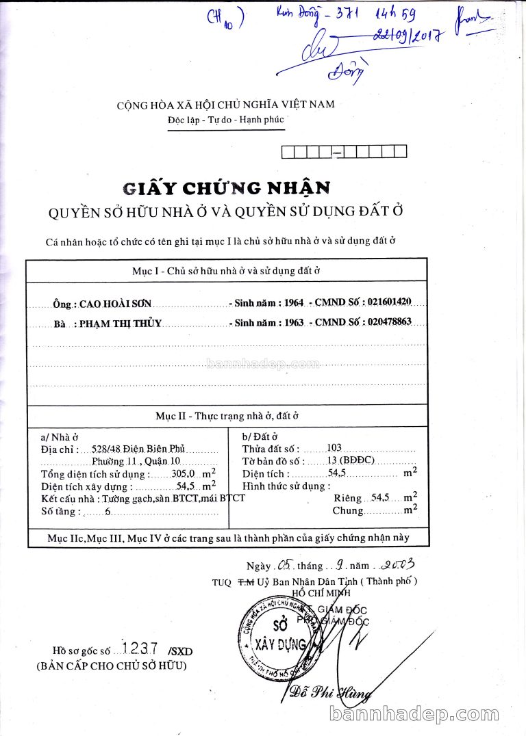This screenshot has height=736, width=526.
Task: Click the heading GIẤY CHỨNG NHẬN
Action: (x=226, y=187)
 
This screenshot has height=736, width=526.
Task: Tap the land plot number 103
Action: (x=334, y=447)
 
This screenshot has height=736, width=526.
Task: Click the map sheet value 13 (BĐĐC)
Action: (x=351, y=460)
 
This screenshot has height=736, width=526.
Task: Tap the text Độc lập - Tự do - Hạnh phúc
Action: (x=225, y=120)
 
